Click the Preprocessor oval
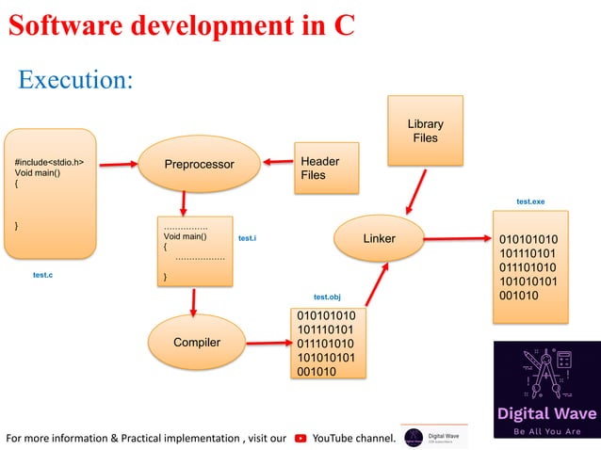[199, 165]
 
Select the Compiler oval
[196, 342]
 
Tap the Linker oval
[379, 238]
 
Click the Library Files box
[425, 131]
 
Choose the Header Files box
[327, 168]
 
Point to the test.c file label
[42, 276]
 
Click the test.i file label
[248, 239]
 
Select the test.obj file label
[327, 297]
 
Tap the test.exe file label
[530, 202]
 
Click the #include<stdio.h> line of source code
[56, 161]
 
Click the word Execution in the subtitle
[75, 80]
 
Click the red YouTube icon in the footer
[300, 437]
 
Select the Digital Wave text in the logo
[546, 412]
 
